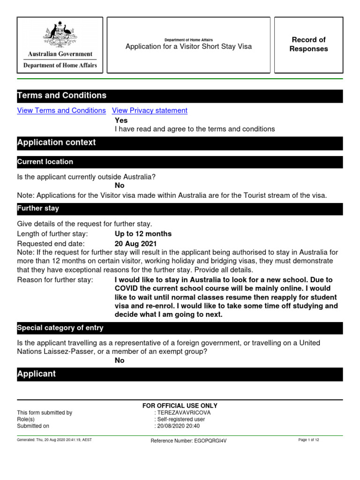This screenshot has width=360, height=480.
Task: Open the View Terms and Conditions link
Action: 61,111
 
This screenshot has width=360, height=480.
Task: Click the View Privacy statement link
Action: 150,111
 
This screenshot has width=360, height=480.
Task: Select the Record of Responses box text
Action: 308,45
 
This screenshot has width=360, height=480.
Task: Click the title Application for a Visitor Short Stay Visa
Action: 188,47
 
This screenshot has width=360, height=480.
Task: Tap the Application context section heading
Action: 56,142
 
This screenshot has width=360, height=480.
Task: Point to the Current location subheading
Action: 45,162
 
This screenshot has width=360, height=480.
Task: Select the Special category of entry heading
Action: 60,328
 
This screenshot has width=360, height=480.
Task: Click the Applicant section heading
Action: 36,374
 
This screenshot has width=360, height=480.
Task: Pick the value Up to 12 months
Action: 143,234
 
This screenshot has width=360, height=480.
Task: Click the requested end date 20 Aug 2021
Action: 136,244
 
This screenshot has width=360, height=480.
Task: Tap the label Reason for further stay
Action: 55,280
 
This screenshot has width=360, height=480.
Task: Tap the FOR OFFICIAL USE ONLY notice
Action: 180,405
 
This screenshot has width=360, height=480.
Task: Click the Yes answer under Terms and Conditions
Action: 121,120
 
